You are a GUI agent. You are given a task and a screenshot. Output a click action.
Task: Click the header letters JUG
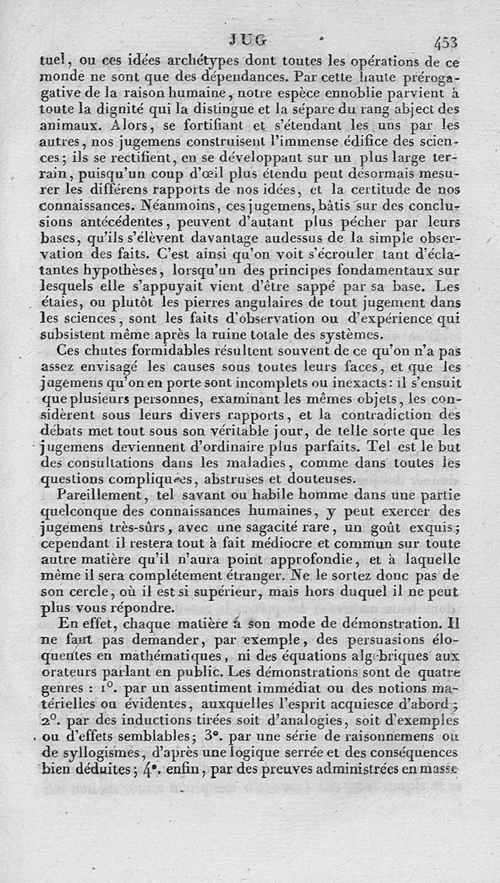click(x=248, y=40)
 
